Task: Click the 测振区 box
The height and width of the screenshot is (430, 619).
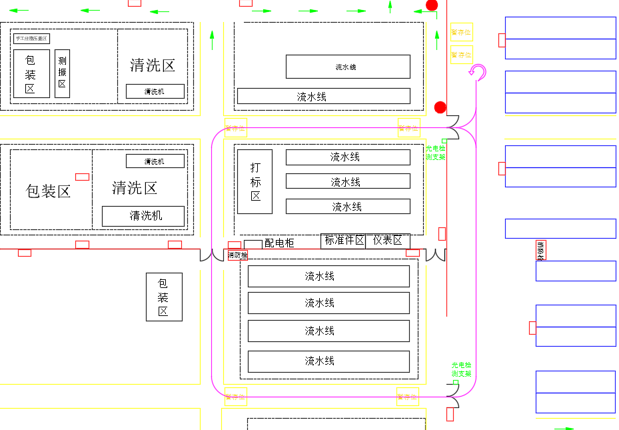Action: pos(62,73)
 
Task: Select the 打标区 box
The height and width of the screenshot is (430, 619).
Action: pos(255,181)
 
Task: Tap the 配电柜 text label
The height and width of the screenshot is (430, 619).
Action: pos(279,243)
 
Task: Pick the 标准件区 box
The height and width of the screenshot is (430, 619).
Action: pos(343,241)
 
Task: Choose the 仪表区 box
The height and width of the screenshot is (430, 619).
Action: pos(388,241)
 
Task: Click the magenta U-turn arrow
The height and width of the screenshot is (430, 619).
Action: pos(477,72)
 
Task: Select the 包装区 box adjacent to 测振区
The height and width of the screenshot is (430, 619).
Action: pos(31,73)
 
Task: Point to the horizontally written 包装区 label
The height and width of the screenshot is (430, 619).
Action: pos(48,191)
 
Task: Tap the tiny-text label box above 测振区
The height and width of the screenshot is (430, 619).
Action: pos(31,39)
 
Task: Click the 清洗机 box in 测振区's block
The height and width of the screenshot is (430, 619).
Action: pos(155,91)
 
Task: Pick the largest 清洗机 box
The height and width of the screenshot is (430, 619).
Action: pos(143,216)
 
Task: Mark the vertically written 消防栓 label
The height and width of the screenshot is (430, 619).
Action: pos(540,251)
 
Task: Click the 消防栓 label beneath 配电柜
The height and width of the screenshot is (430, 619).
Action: pos(237,255)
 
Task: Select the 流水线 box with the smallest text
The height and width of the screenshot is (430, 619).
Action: pos(347,67)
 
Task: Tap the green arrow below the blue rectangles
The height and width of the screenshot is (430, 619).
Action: pos(564,428)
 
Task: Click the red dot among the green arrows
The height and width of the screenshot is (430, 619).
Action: pos(432,5)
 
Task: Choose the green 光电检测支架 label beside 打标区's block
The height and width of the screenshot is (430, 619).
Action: pos(435,153)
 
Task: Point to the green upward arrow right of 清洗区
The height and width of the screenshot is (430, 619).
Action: pos(212,40)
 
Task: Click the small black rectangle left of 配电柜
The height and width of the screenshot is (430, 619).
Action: pos(253,244)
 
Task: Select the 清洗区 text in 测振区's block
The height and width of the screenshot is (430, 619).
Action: pos(153,65)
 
